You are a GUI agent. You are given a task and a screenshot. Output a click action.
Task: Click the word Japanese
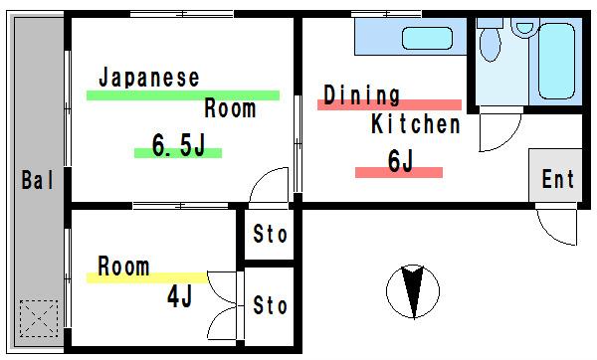pyautogui.click(x=149, y=78)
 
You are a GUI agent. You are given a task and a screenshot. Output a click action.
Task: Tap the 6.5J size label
pyautogui.click(x=178, y=145)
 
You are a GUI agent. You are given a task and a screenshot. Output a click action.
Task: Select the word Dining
pyautogui.click(x=362, y=95)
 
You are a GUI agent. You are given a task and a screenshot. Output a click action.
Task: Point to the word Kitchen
pyautogui.click(x=416, y=124)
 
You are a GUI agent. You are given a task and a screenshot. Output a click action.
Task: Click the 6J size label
pyautogui.click(x=401, y=161)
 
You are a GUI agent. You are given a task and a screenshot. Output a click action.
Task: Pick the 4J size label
pyautogui.click(x=180, y=296)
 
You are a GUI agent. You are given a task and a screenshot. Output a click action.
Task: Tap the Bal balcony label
pyautogui.click(x=38, y=180)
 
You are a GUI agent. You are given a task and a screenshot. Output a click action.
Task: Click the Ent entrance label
pyautogui.click(x=558, y=179)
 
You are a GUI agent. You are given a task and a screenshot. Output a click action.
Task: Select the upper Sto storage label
pyautogui.click(x=270, y=234)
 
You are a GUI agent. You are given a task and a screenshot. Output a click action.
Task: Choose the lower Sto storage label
pyautogui.click(x=270, y=305)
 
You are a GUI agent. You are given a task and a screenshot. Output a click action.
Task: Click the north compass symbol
pyautogui.click(x=413, y=291)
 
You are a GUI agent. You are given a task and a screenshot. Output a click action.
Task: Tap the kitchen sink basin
pyautogui.click(x=427, y=38)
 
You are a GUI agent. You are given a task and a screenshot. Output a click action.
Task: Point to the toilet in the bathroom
pyautogui.click(x=490, y=40)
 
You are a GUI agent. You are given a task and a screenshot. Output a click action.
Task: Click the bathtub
pyautogui.click(x=556, y=61)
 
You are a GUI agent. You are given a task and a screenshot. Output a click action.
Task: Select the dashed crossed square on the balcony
pyautogui.click(x=39, y=318)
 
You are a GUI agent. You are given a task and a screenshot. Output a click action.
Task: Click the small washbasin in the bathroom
pyautogui.click(x=524, y=28)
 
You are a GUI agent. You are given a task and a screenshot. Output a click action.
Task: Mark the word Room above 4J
pyautogui.click(x=123, y=266)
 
